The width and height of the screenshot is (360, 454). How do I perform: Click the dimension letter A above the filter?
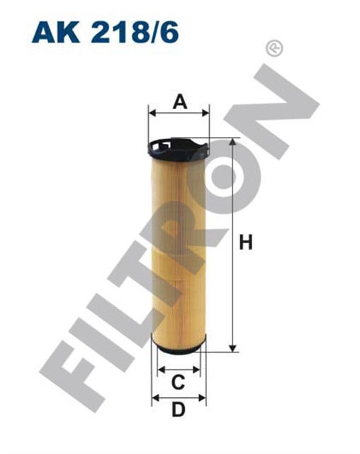[x=179, y=102]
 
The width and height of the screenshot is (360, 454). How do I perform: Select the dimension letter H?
[x=246, y=243]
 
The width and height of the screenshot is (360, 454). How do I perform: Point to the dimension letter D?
[x=179, y=409]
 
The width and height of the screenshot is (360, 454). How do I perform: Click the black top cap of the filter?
[x=179, y=148]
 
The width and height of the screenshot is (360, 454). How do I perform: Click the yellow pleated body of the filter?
[x=179, y=248]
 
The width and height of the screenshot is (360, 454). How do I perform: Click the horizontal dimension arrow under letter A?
[x=179, y=113]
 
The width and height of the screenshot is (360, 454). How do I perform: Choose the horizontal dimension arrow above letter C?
[x=179, y=369]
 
